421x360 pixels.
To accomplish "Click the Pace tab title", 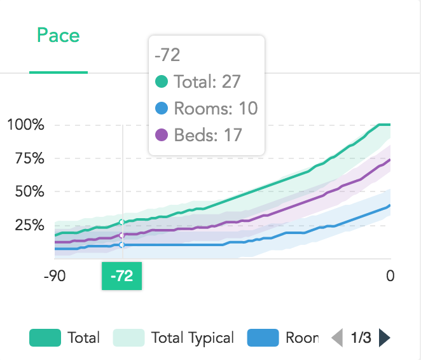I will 59,35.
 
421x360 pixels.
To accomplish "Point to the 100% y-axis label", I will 26,125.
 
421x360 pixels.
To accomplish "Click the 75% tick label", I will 30,158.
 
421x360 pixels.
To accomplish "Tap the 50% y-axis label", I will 30,191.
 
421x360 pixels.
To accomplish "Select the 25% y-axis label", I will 30,225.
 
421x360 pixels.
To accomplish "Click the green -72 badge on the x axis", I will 122,276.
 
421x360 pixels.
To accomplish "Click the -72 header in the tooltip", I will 167,55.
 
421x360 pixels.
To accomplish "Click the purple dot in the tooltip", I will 162,135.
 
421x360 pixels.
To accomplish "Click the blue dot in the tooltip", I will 162,108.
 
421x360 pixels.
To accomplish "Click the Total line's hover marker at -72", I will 122,222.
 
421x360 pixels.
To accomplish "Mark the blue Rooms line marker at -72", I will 122,244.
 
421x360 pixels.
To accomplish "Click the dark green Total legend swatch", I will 45,338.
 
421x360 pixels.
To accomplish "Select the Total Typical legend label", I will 193,338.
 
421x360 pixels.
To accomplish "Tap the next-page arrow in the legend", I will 384,338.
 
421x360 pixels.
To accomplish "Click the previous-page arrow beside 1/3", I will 338,338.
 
